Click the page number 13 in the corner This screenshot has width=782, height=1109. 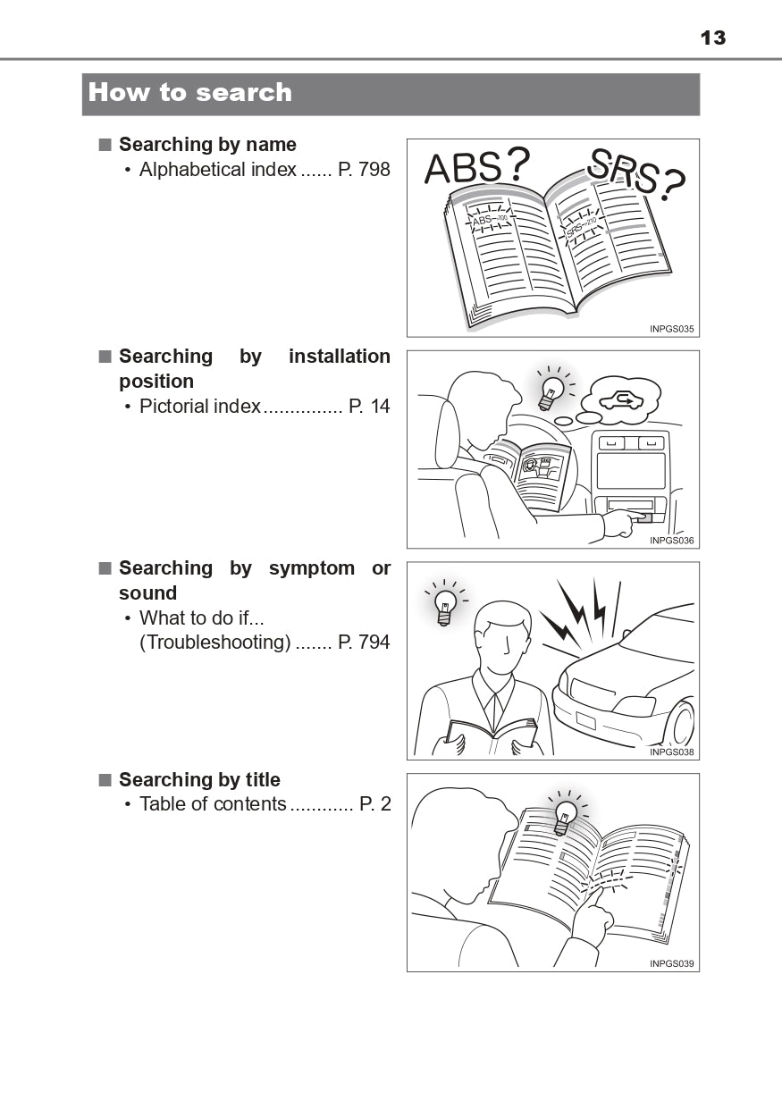point(713,38)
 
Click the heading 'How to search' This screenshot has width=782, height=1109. point(190,93)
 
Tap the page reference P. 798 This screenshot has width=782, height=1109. point(364,169)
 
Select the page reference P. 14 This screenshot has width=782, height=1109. point(369,406)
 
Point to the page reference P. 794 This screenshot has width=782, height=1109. point(364,642)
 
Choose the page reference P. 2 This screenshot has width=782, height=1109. point(374,803)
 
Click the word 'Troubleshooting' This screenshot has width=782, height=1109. point(215,643)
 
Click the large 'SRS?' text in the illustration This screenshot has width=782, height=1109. point(636,174)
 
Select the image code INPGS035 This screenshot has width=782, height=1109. point(671,329)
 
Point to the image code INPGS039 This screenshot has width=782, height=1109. point(671,963)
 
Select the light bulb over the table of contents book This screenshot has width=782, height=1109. point(565,817)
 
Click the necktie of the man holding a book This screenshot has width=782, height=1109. point(493,713)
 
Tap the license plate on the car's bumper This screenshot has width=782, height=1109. point(585,720)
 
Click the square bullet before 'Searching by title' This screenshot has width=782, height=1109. point(105,780)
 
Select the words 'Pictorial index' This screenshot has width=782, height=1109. point(200,406)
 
